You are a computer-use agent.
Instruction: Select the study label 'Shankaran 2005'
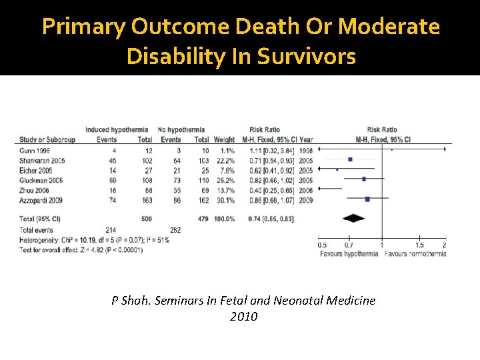41,160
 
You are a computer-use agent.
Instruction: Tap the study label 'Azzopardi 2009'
41,199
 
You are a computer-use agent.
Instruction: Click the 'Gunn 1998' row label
35,150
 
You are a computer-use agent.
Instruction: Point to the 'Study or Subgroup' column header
47,139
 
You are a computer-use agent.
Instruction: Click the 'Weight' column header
224,139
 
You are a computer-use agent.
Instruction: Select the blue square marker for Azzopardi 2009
367,199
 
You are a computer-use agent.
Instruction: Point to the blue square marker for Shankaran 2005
350,160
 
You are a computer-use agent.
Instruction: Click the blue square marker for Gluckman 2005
363,179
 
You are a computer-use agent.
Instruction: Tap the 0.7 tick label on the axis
349,245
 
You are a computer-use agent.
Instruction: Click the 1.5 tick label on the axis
419,245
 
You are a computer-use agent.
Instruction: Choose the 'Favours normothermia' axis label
415,254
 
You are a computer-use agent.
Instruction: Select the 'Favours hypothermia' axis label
349,254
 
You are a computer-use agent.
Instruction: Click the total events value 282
175,229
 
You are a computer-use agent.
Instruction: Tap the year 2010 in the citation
243,317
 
